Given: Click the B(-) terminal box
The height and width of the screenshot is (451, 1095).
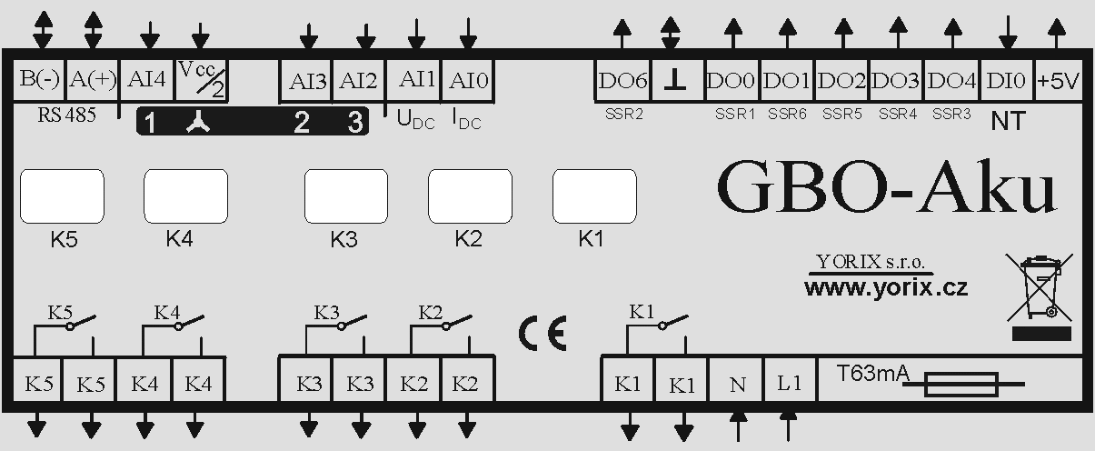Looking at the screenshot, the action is pyautogui.click(x=39, y=80).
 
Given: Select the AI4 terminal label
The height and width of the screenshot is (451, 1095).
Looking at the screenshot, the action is pyautogui.click(x=146, y=80).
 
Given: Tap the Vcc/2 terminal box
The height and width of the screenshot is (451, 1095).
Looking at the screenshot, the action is pyautogui.click(x=202, y=80).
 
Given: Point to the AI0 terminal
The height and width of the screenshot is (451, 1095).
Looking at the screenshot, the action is pyautogui.click(x=468, y=81).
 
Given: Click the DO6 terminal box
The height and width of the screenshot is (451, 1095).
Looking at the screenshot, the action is pyautogui.click(x=622, y=80).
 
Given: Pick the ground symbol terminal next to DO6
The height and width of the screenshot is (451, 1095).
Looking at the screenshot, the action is pyautogui.click(x=678, y=80).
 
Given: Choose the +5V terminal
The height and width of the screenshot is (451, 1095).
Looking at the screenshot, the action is pyautogui.click(x=1058, y=80).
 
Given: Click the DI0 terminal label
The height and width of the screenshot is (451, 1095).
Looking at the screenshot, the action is pyautogui.click(x=1005, y=81).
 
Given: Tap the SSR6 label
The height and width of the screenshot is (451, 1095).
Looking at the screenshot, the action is pyautogui.click(x=787, y=114).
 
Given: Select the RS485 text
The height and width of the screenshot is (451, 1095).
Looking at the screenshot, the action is pyautogui.click(x=67, y=115).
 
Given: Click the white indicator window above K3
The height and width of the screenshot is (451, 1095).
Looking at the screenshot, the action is pyautogui.click(x=346, y=196).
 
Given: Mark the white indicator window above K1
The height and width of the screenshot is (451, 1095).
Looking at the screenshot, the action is pyautogui.click(x=594, y=196).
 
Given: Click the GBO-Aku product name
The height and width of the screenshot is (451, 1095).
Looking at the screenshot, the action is pyautogui.click(x=886, y=187).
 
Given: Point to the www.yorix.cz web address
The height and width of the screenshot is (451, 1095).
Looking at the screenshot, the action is pyautogui.click(x=886, y=287).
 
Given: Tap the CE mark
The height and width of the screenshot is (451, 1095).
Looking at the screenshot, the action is pyautogui.click(x=543, y=333).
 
